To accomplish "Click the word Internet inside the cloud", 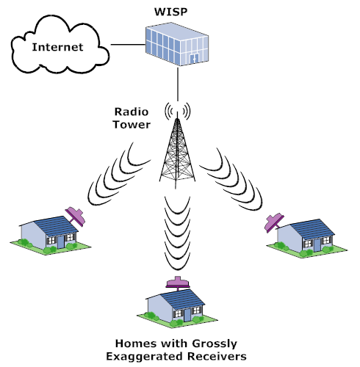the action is pyautogui.click(x=57, y=47).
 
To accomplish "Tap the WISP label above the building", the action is pyautogui.click(x=170, y=12).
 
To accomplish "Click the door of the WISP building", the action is pyautogui.click(x=195, y=59).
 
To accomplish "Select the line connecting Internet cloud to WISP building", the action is pyautogui.click(x=128, y=45).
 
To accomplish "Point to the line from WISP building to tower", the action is pyautogui.click(x=178, y=84).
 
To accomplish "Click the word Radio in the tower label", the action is pyautogui.click(x=132, y=112).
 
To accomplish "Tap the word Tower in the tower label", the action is pyautogui.click(x=132, y=125).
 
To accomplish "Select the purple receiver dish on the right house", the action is pyautogui.click(x=274, y=222).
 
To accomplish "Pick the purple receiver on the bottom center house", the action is pyautogui.click(x=178, y=283).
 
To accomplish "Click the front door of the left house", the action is pyautogui.click(x=61, y=242).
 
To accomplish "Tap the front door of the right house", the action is pyautogui.click(x=317, y=245).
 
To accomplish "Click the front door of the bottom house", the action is pyautogui.click(x=187, y=316).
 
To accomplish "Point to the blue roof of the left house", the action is pyautogui.click(x=56, y=226).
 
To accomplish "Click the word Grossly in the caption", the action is pyautogui.click(x=215, y=344).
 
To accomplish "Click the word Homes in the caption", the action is pyautogui.click(x=135, y=344).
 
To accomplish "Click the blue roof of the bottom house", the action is pyautogui.click(x=182, y=299).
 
